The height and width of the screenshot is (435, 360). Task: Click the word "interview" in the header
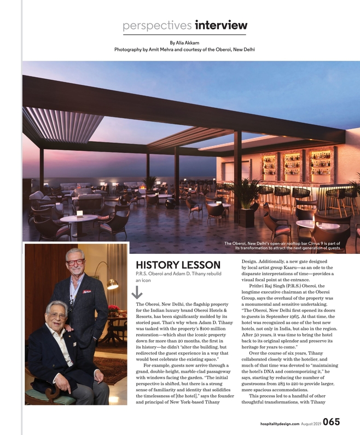coord(221,26)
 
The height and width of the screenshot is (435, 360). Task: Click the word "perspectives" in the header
coord(156,26)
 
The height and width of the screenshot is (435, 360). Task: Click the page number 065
coord(332,421)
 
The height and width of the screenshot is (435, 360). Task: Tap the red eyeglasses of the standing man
coord(75,262)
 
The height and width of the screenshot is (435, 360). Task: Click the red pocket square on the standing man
coord(86,292)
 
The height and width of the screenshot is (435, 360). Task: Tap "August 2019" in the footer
coord(311,423)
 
